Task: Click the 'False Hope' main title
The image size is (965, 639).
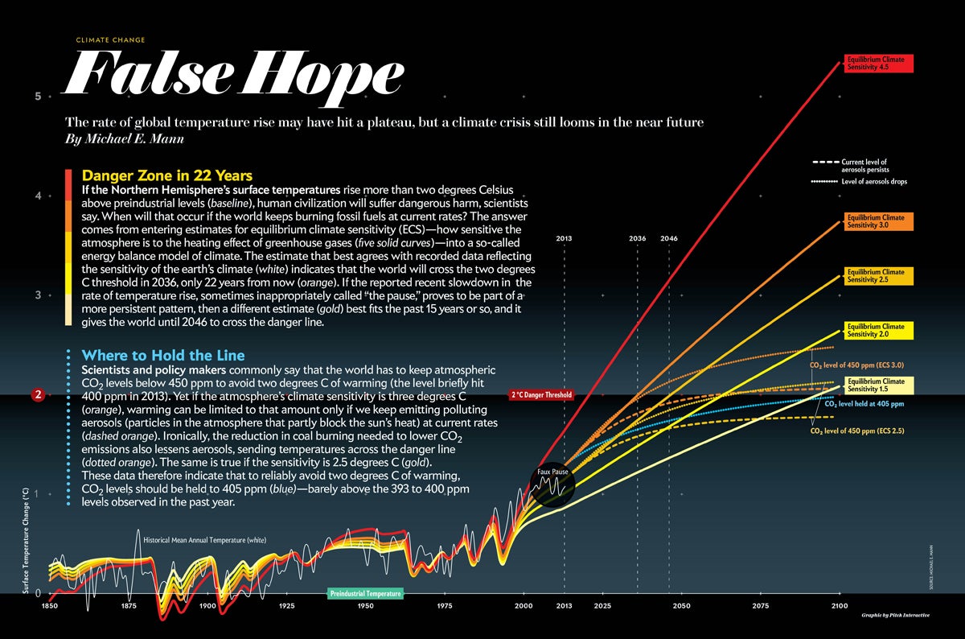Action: (x=233, y=74)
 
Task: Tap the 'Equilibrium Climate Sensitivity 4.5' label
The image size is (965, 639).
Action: (x=878, y=64)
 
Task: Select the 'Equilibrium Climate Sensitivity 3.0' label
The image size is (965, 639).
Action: (x=878, y=221)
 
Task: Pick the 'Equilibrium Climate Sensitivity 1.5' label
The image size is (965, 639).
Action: (x=878, y=385)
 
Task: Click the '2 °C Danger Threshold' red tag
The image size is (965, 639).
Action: (x=541, y=396)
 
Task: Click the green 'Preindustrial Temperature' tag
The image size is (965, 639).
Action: (x=366, y=593)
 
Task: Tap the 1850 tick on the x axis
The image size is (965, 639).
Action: (x=50, y=606)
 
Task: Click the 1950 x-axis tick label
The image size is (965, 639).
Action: (x=366, y=606)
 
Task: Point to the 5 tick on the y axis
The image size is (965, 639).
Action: (x=37, y=97)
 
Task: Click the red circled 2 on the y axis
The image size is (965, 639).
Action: (x=37, y=394)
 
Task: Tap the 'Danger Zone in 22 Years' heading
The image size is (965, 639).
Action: (x=167, y=175)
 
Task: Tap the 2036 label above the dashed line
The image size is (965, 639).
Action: (x=637, y=239)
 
